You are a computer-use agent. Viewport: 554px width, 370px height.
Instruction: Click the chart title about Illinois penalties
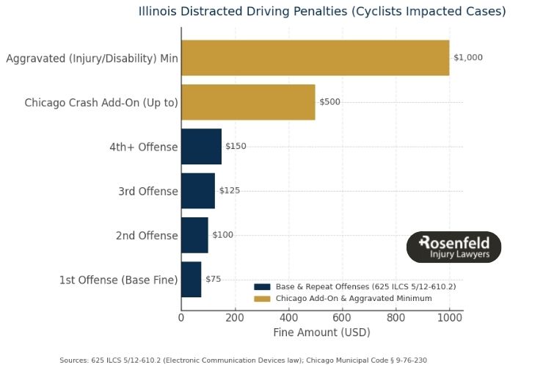(x=322, y=12)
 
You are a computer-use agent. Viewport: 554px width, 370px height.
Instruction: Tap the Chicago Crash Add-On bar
(x=248, y=102)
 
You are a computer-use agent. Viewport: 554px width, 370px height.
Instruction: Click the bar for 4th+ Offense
(x=201, y=146)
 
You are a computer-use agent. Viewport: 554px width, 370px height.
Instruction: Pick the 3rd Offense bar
(x=198, y=191)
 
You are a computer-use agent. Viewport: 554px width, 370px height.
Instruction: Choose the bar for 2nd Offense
(x=194, y=235)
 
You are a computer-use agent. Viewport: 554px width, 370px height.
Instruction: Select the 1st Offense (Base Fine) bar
(x=192, y=280)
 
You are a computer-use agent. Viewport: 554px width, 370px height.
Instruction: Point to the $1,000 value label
(x=468, y=57)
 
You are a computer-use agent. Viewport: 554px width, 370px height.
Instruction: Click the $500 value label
(x=330, y=102)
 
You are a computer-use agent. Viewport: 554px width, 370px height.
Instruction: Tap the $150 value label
(x=236, y=146)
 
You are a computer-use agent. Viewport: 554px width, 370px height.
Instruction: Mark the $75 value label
(x=213, y=280)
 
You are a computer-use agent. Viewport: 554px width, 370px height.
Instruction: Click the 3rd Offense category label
(x=148, y=192)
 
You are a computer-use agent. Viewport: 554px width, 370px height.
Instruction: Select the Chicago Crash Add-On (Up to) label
(x=101, y=103)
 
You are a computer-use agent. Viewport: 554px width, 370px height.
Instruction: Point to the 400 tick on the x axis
(x=288, y=317)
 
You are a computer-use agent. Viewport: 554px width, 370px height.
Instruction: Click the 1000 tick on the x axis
(x=449, y=317)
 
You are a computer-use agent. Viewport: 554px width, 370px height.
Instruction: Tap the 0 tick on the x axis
(x=181, y=317)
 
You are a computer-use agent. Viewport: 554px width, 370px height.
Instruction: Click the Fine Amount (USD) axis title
(x=321, y=333)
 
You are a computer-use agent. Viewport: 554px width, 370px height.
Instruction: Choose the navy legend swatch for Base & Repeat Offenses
(x=262, y=286)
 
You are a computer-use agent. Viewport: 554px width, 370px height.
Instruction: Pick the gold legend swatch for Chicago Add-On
(x=262, y=299)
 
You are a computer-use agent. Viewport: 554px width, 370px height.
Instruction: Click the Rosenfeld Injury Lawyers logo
(x=453, y=247)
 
